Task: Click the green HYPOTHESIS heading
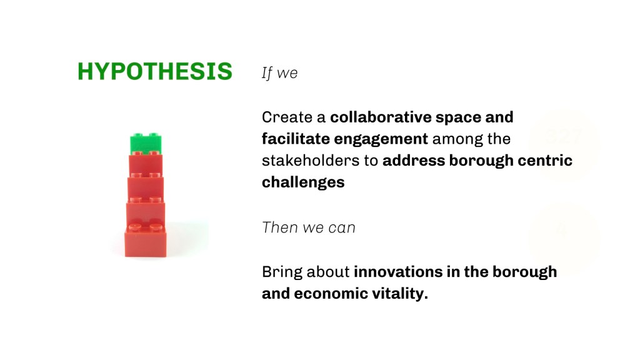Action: point(155,71)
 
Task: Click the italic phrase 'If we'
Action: point(279,73)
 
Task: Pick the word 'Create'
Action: point(287,117)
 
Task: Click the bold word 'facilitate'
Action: point(296,139)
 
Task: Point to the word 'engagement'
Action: point(381,140)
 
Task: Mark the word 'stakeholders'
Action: point(311,161)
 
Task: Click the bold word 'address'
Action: point(413,161)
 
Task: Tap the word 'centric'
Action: point(545,161)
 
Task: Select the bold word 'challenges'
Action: point(303,183)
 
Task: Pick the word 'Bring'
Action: point(282,272)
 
